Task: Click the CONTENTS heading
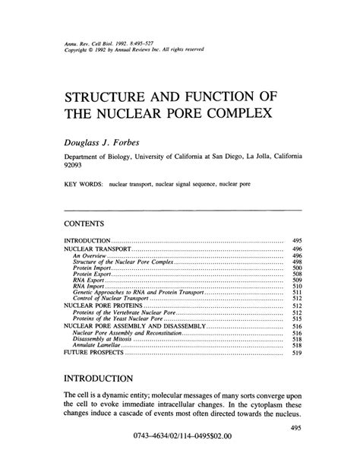point(84,223)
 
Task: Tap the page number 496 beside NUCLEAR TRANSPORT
point(297,249)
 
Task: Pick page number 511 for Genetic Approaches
point(297,292)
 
